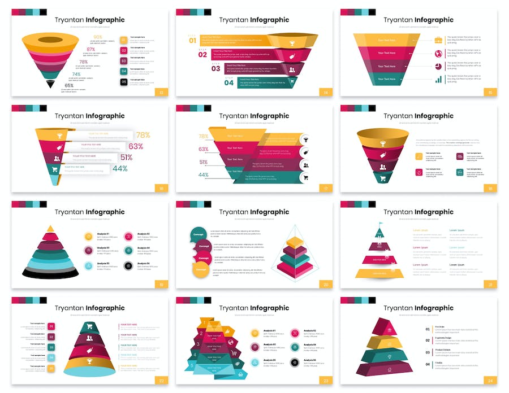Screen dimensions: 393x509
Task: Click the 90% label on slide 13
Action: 98,37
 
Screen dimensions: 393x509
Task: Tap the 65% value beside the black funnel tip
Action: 69,85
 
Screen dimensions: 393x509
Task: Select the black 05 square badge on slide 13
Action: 123,82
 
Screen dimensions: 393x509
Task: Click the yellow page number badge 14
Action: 326,92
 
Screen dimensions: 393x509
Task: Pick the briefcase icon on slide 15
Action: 438,40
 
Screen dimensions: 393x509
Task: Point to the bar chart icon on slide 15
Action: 438,80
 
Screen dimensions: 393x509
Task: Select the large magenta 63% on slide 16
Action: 136,146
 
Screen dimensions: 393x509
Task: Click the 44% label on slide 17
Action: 203,175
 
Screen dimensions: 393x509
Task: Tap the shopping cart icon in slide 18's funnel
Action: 383,178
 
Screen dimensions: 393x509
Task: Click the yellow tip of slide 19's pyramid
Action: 51,228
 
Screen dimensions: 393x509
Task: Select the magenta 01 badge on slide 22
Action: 51,326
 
